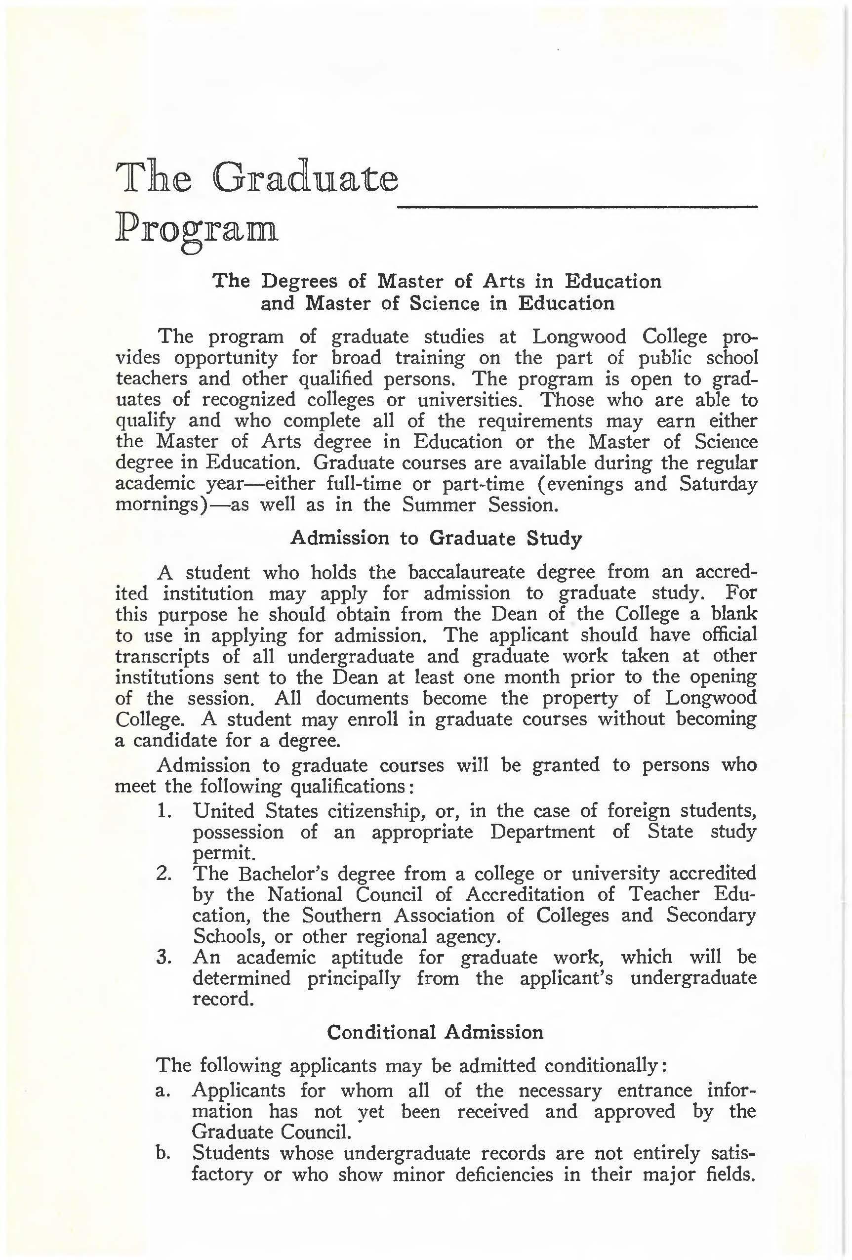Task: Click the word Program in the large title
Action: click(x=197, y=230)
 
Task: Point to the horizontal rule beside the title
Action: click(x=577, y=207)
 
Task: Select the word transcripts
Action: click(x=162, y=657)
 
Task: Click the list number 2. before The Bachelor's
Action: click(x=164, y=874)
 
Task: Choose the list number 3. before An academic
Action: click(x=164, y=957)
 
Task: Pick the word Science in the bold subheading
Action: click(x=445, y=303)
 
